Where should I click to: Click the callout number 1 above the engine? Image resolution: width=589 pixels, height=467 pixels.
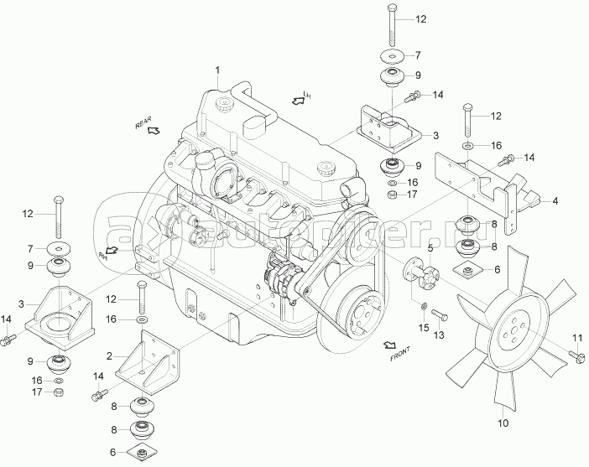click(216, 69)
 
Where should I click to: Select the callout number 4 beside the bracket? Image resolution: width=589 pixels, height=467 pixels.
click(555, 201)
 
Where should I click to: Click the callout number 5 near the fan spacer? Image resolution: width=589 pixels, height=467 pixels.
click(430, 248)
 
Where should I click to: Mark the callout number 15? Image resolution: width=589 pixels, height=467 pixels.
click(425, 326)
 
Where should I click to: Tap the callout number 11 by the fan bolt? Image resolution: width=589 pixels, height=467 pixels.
click(577, 338)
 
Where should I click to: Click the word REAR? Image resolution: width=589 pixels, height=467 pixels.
click(145, 124)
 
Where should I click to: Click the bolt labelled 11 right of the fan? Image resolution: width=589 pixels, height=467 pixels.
click(578, 358)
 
